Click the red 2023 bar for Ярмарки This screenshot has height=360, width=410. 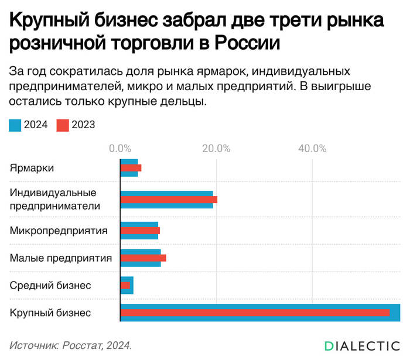pyautogui.click(x=131, y=168)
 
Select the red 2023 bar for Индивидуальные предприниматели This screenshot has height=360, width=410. pyautogui.click(x=169, y=200)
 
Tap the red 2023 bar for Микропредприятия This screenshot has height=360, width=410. pyautogui.click(x=140, y=231)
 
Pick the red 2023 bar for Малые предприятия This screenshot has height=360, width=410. pyautogui.click(x=143, y=258)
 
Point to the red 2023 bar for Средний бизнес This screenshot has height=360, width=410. pyautogui.click(x=125, y=285)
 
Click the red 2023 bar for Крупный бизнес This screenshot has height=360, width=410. pyautogui.click(x=255, y=313)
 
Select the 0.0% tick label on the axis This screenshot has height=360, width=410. pyautogui.click(x=120, y=148)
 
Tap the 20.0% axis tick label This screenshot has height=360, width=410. pyautogui.click(x=216, y=148)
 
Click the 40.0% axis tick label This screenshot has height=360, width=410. pyautogui.click(x=312, y=148)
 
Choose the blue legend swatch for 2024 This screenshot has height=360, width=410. pyautogui.click(x=15, y=125)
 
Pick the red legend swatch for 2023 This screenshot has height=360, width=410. pyautogui.click(x=63, y=125)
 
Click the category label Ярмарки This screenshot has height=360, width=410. pyautogui.click(x=32, y=168)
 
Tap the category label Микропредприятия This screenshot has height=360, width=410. pyautogui.click(x=59, y=231)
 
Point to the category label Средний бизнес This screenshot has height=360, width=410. pyautogui.click(x=50, y=285)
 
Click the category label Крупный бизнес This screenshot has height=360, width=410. pyautogui.click(x=50, y=313)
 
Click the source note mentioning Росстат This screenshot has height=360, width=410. pyautogui.click(x=71, y=345)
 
